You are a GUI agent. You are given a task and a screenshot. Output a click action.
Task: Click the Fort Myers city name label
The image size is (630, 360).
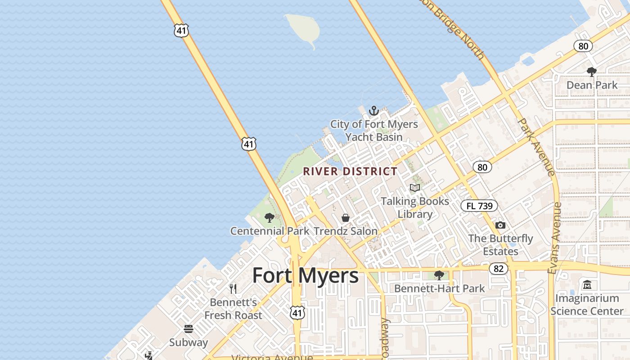click(305, 275)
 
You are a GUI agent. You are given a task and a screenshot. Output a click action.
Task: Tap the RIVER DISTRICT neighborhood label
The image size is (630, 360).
click(350, 171)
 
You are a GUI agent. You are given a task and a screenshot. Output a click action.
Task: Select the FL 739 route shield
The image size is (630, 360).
click(479, 206)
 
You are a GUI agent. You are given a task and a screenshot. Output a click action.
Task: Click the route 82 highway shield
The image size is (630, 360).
click(498, 269)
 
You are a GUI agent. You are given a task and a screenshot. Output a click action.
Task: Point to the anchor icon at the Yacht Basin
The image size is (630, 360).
click(373, 110)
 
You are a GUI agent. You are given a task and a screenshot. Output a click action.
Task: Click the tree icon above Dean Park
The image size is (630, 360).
click(592, 72)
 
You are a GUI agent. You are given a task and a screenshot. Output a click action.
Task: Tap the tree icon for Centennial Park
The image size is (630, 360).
click(270, 218)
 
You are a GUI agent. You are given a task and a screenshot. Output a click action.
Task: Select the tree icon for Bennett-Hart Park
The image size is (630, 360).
click(439, 275)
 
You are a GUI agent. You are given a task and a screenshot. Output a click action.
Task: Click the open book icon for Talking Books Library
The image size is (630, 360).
click(414, 188)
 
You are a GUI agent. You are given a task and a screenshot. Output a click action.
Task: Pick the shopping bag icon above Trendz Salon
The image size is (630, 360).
click(346, 218)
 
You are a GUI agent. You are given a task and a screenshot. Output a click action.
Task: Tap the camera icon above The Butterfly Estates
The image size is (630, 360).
click(500, 225)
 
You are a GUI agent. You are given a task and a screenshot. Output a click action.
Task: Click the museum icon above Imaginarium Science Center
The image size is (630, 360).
click(587, 285)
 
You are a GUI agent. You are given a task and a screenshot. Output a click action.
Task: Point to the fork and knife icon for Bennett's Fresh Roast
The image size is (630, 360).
click(233, 288)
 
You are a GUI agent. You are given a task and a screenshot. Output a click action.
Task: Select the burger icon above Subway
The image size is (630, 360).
click(189, 329)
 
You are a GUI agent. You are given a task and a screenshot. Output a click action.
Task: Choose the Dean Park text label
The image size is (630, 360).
click(592, 85)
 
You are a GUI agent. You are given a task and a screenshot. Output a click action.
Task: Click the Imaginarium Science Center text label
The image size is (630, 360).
click(587, 305)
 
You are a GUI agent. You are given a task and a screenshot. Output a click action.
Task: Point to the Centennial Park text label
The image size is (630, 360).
click(270, 231)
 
